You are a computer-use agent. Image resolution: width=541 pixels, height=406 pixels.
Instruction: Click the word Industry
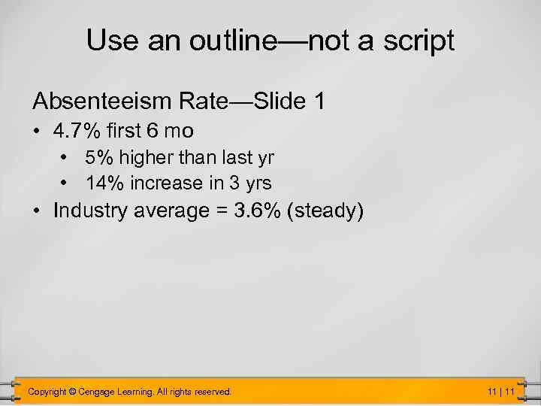click(92, 211)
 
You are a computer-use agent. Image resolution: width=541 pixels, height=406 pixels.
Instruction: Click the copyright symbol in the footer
click(72, 392)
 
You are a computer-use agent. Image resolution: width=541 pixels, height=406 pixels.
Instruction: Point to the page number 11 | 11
click(500, 392)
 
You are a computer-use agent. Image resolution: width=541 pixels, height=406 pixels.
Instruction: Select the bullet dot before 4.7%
click(37, 132)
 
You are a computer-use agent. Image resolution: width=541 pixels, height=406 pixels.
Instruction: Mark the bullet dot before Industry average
click(37, 211)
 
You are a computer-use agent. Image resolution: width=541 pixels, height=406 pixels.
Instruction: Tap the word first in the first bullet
click(124, 132)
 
